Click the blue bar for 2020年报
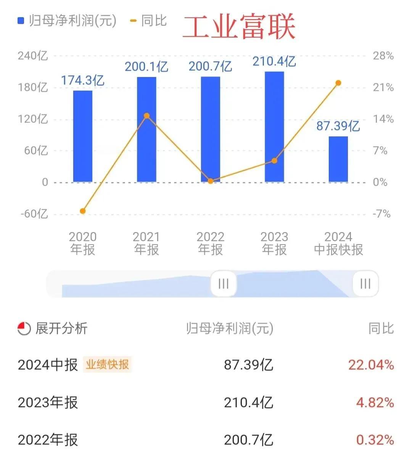point(83,136)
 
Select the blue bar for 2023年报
point(274,127)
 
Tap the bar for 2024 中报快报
point(338,159)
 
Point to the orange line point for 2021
point(146,116)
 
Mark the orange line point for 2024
point(338,83)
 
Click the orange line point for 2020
point(83,211)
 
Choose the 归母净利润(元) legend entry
point(67,21)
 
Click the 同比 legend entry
point(149,21)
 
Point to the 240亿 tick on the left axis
point(33,56)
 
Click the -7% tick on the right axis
point(381,214)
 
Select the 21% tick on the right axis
point(383,87)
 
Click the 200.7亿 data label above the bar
point(210,66)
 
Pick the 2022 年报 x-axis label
point(210,243)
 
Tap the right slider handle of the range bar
point(365,284)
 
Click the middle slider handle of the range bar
point(224,284)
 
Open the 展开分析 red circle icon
point(24,328)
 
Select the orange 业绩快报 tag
point(107,364)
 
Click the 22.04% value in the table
point(371,365)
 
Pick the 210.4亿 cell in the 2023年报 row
point(248,402)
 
